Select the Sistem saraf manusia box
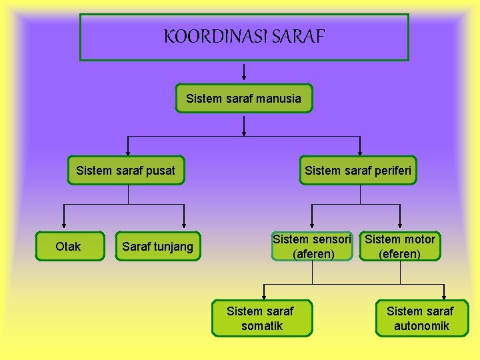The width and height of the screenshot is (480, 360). tap(244, 99)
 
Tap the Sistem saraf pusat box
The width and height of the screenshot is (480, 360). tap(126, 171)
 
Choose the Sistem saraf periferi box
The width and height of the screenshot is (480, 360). tap(359, 171)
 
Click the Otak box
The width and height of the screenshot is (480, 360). tap(68, 247)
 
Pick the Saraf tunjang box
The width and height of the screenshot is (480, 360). tap(158, 247)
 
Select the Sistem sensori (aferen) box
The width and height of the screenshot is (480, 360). tap(312, 247)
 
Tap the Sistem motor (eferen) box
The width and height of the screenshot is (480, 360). tap(400, 247)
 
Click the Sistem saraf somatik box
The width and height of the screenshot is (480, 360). tap(261, 319)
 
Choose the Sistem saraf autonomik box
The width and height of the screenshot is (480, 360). tap(421, 319)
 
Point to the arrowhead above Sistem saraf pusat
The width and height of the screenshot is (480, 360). tap(129, 151)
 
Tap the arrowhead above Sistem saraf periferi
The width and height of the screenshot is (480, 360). tap(360, 151)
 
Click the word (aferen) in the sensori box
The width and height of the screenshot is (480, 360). tap(313, 254)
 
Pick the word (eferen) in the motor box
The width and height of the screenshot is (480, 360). tap(400, 254)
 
